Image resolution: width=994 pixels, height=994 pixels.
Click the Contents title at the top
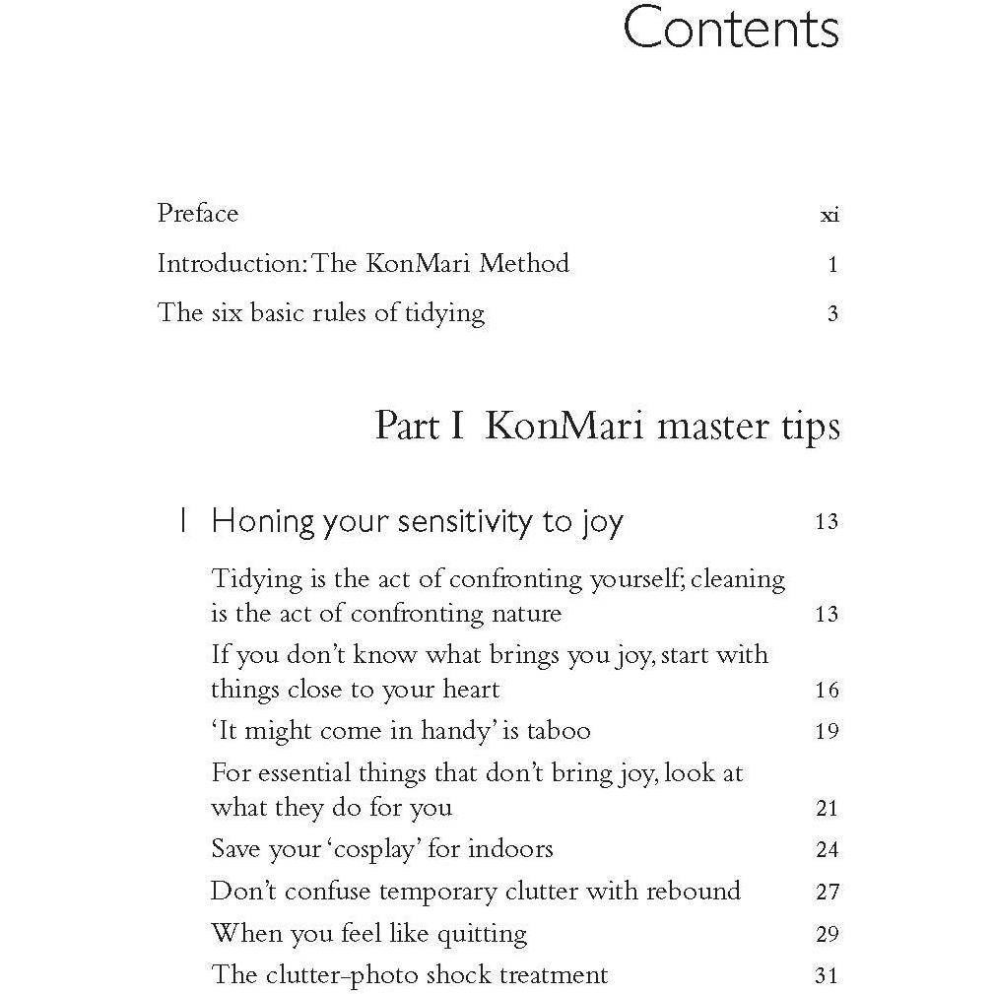[730, 28]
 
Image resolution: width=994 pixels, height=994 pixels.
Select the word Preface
[198, 214]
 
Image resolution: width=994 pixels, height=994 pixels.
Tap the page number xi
[829, 215]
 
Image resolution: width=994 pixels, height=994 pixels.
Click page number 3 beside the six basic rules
[832, 314]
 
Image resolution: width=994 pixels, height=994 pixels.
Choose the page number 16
[827, 690]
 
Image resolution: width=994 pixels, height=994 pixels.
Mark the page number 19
[827, 731]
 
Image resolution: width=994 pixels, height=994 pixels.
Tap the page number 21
[827, 808]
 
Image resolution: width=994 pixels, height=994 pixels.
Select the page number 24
[827, 849]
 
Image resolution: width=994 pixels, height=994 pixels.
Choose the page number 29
[827, 933]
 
